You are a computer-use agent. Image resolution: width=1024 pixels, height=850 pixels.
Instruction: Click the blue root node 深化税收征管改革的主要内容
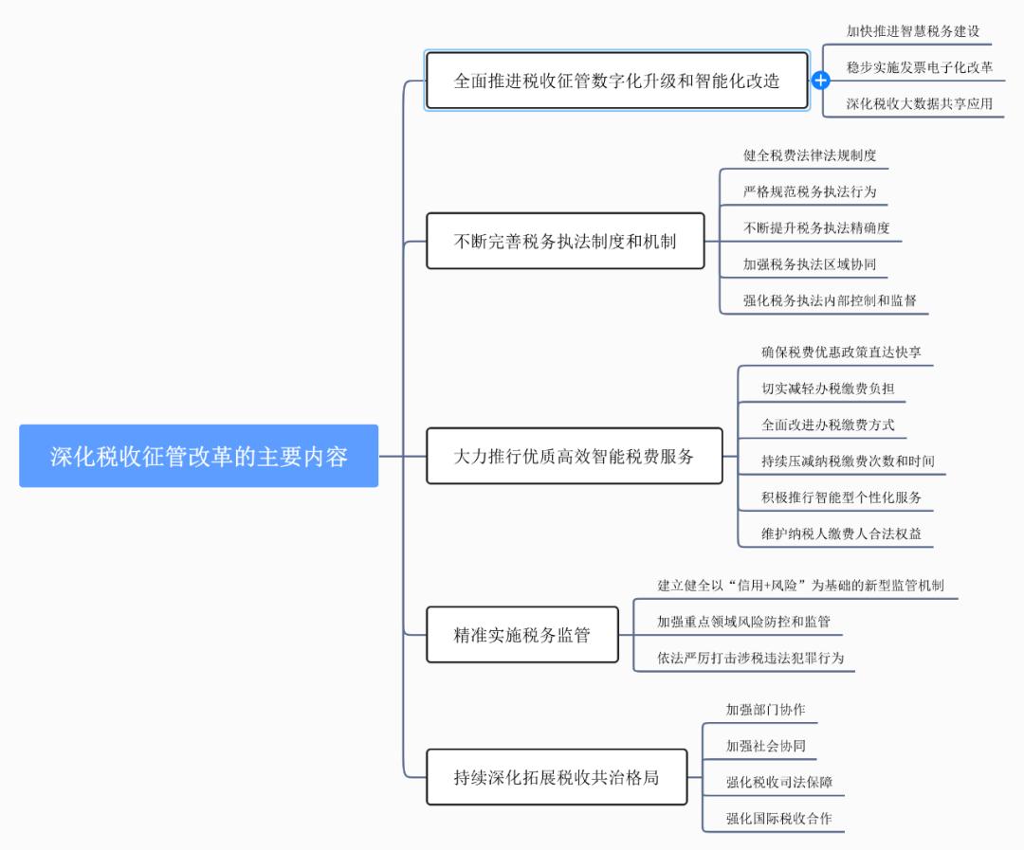click(199, 456)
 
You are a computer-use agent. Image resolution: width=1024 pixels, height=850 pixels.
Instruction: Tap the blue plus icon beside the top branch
click(821, 81)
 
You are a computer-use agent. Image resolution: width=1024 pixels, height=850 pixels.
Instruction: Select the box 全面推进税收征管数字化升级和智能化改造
click(616, 81)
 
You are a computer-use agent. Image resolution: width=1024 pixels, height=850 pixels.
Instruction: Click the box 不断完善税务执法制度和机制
click(565, 241)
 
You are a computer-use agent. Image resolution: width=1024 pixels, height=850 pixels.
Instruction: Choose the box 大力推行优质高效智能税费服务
click(574, 456)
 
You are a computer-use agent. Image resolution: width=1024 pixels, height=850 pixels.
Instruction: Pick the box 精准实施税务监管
click(521, 635)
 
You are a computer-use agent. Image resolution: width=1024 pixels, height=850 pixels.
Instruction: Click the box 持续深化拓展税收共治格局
click(557, 777)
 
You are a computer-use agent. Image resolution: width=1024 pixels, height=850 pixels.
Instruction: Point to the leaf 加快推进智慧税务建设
click(913, 31)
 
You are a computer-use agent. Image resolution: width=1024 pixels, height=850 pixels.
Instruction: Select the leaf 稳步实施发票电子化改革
click(920, 67)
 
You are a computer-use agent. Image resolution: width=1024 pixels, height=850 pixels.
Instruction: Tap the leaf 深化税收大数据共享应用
click(920, 103)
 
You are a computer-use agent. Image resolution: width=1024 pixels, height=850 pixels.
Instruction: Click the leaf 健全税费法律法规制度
click(810, 154)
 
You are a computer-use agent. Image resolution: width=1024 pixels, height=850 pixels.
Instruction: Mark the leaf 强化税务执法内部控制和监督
click(830, 300)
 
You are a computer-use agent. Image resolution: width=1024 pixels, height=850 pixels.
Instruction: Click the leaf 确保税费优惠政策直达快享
click(841, 352)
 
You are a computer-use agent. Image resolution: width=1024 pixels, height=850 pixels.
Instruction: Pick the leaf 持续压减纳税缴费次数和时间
click(848, 461)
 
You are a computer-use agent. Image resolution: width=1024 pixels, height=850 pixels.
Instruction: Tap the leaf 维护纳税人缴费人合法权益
click(841, 533)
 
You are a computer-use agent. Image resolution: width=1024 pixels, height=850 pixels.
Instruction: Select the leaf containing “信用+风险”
click(800, 585)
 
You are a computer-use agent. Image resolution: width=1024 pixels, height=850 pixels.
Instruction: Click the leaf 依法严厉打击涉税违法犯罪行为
click(750, 658)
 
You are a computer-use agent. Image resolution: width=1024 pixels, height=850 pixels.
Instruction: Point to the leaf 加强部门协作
click(765, 709)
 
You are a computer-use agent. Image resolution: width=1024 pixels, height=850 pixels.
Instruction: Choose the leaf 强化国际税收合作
click(778, 818)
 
